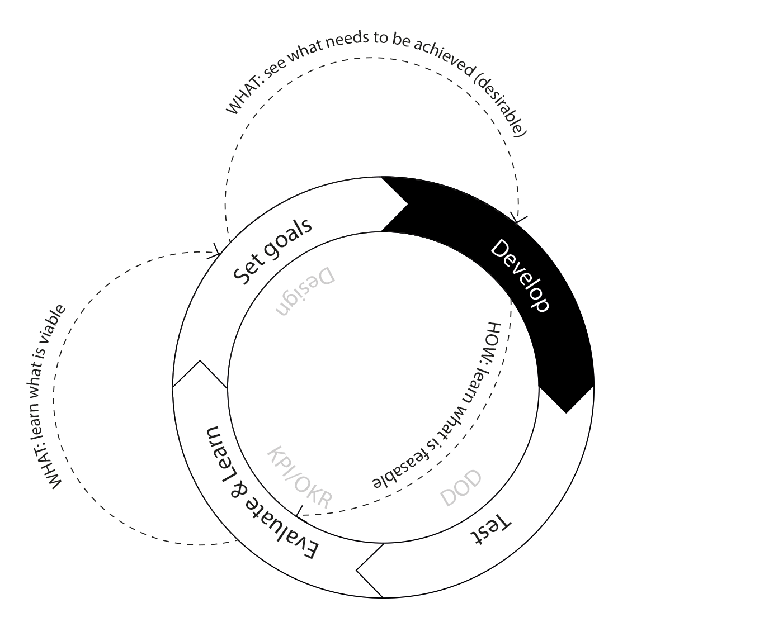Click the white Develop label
[520, 276]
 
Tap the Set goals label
[272, 251]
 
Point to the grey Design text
[305, 291]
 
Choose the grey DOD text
[461, 488]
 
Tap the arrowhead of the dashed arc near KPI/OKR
[300, 511]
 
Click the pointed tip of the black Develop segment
[567, 412]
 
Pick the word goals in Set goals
[288, 240]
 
